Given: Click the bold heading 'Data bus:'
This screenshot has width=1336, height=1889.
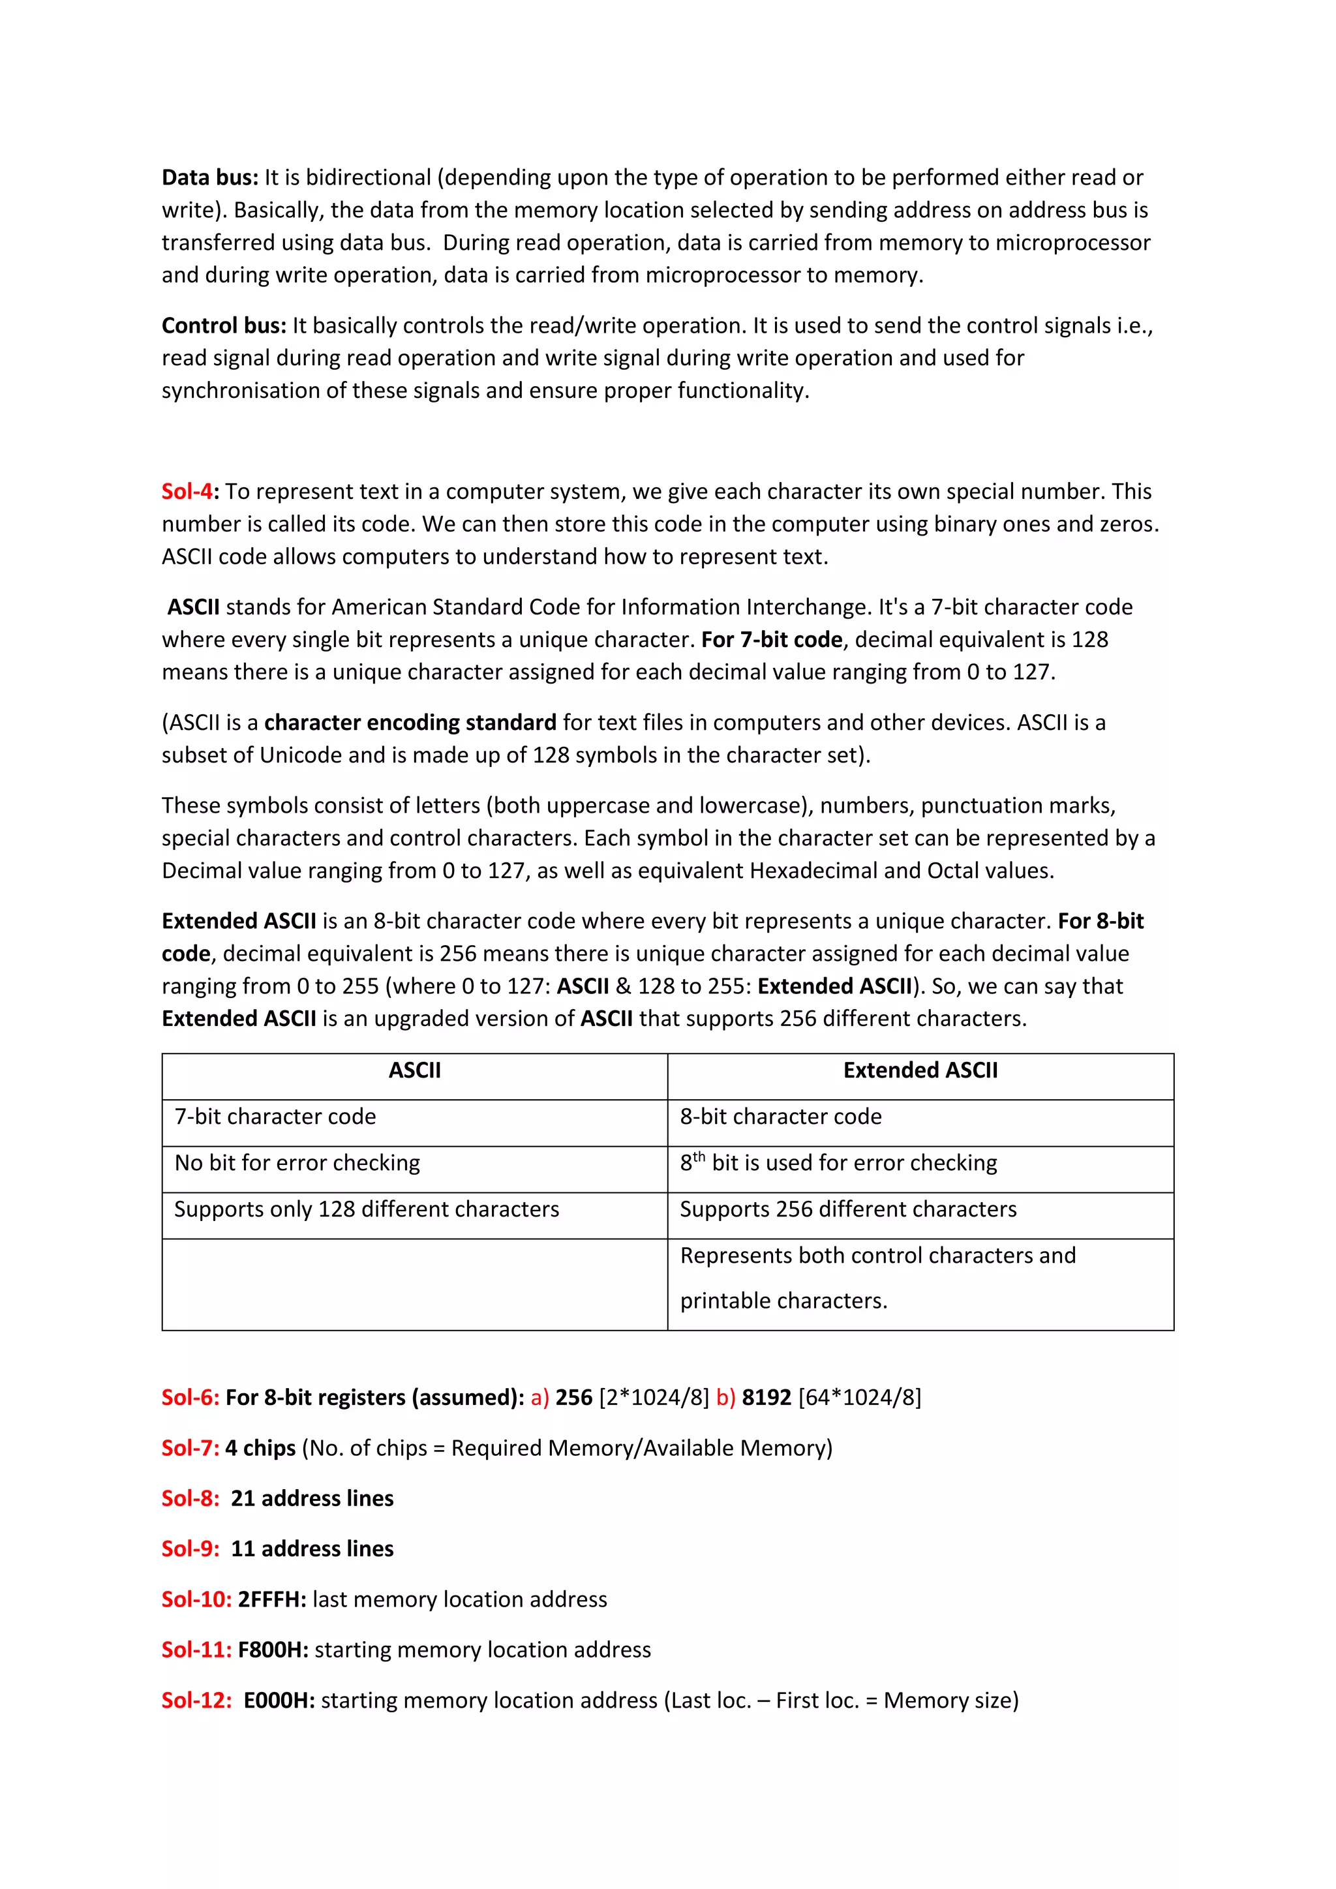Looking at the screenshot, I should (x=210, y=177).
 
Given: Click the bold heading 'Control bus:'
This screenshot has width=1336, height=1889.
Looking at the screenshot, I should (x=224, y=325).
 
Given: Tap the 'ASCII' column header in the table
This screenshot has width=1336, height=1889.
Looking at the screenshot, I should (x=415, y=1070).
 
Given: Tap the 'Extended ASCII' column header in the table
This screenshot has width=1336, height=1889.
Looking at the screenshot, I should (x=920, y=1070).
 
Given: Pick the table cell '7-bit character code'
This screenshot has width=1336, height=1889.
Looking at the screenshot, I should (x=275, y=1117).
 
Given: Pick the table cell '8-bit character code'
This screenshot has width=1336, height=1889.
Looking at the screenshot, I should (x=781, y=1117).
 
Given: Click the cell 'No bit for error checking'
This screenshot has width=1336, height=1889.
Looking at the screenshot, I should (x=297, y=1162).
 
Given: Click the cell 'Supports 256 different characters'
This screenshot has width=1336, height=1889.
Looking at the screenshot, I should (x=848, y=1209).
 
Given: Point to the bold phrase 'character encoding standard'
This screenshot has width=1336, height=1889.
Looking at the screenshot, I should (x=410, y=722).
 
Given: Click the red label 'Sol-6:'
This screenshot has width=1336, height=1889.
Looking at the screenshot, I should (x=190, y=1398).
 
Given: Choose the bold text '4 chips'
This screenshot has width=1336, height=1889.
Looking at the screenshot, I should (x=260, y=1448).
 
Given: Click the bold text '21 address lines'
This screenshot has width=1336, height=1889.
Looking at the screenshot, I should (x=312, y=1498).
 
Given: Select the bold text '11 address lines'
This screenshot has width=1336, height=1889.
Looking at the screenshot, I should (x=312, y=1549).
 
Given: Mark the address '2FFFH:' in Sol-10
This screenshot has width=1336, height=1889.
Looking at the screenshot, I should (x=271, y=1599).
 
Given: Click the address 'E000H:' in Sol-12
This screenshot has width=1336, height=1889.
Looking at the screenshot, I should (x=279, y=1700).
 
